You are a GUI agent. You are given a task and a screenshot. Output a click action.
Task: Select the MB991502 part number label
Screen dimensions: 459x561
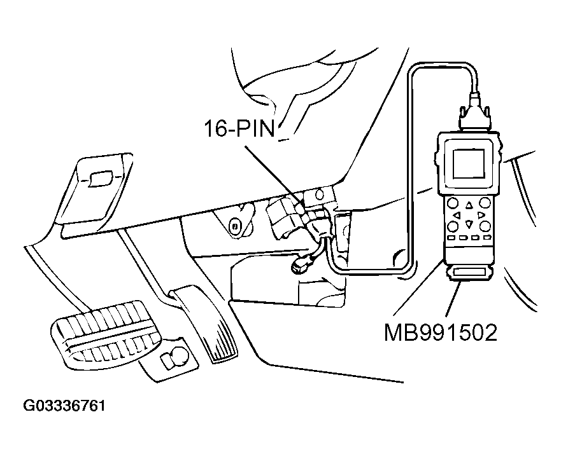click(x=439, y=332)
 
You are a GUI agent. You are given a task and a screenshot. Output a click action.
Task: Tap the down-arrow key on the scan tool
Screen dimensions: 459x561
click(x=469, y=224)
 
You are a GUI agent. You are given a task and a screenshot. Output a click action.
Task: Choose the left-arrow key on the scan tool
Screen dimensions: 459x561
click(x=456, y=215)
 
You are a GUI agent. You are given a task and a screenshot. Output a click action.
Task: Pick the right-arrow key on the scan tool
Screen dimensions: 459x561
click(x=481, y=215)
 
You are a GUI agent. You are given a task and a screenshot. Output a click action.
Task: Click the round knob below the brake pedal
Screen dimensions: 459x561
click(x=173, y=359)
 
